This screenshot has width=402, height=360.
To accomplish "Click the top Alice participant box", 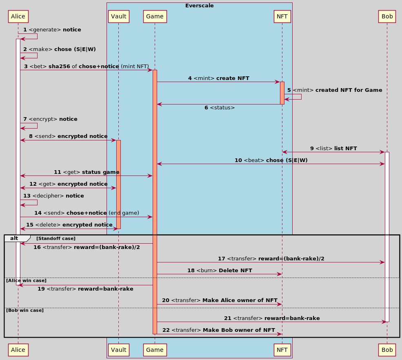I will click(x=18, y=16).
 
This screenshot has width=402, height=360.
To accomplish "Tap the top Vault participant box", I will click(x=118, y=16).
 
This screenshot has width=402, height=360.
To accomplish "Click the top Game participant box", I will click(x=154, y=16).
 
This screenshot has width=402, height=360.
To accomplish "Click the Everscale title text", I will click(x=200, y=6).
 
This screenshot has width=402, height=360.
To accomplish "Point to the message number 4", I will click(x=190, y=78).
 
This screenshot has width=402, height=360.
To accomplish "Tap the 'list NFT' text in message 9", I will click(x=346, y=148).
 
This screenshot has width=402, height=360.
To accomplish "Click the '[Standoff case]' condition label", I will click(x=56, y=238).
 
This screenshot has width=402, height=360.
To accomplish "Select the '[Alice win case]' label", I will click(x=25, y=280).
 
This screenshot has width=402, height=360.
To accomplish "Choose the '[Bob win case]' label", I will click(x=24, y=311).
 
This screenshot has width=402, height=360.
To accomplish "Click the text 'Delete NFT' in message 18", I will click(x=235, y=270).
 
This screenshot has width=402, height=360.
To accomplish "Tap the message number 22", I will click(x=166, y=330).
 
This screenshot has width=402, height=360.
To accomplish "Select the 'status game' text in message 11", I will click(x=100, y=172).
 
